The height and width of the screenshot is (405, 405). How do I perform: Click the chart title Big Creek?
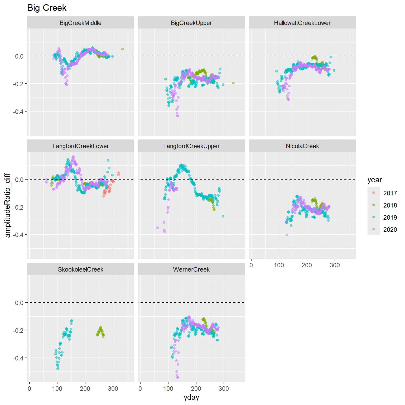click(x=47, y=8)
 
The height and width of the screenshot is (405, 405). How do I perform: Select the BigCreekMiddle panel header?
click(x=80, y=23)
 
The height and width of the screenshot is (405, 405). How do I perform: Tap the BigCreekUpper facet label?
click(x=191, y=23)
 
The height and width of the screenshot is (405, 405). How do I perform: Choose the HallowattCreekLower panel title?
click(x=302, y=23)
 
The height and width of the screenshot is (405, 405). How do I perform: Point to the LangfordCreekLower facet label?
click(x=80, y=146)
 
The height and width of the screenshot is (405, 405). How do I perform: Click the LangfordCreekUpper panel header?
click(x=191, y=146)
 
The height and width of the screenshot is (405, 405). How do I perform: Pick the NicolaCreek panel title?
click(x=302, y=146)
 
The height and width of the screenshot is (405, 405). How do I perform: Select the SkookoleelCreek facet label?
click(x=80, y=269)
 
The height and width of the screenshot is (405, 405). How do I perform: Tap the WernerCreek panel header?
click(x=191, y=269)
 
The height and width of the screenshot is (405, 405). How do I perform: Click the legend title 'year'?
click(x=375, y=180)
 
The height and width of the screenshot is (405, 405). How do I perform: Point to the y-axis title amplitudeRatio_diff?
click(x=7, y=205)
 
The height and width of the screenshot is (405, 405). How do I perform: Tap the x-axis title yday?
click(x=191, y=397)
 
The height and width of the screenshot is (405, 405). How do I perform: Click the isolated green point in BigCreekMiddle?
click(x=123, y=49)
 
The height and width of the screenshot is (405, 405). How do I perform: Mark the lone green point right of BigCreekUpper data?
click(x=233, y=83)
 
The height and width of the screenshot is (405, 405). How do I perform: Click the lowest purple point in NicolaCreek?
click(x=287, y=235)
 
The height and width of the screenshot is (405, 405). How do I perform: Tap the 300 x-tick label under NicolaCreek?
click(x=335, y=265)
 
